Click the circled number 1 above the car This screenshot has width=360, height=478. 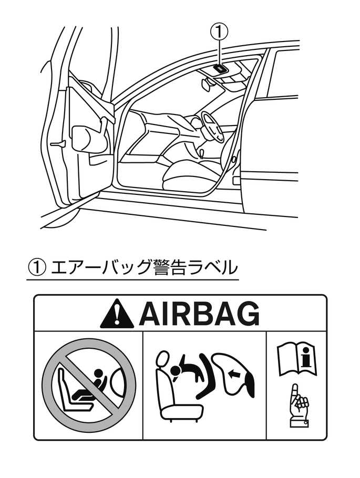coord(220,32)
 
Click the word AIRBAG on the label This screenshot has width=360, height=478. coord(199,314)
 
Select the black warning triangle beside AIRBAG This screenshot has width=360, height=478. coord(118,314)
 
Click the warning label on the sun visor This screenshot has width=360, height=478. coord(219,68)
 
